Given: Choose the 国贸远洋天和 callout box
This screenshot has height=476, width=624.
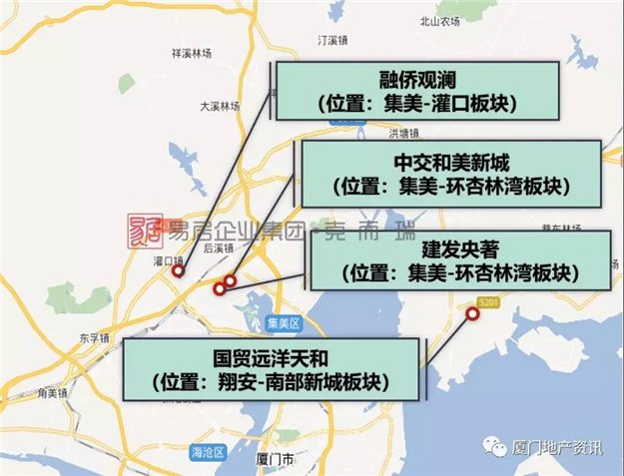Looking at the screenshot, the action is pos(272,368).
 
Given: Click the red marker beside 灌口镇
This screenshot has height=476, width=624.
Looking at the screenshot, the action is pos(179,270).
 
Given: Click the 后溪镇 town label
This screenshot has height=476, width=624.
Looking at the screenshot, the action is pos(218,247).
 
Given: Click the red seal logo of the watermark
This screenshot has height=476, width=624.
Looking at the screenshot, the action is pos(147,234).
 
